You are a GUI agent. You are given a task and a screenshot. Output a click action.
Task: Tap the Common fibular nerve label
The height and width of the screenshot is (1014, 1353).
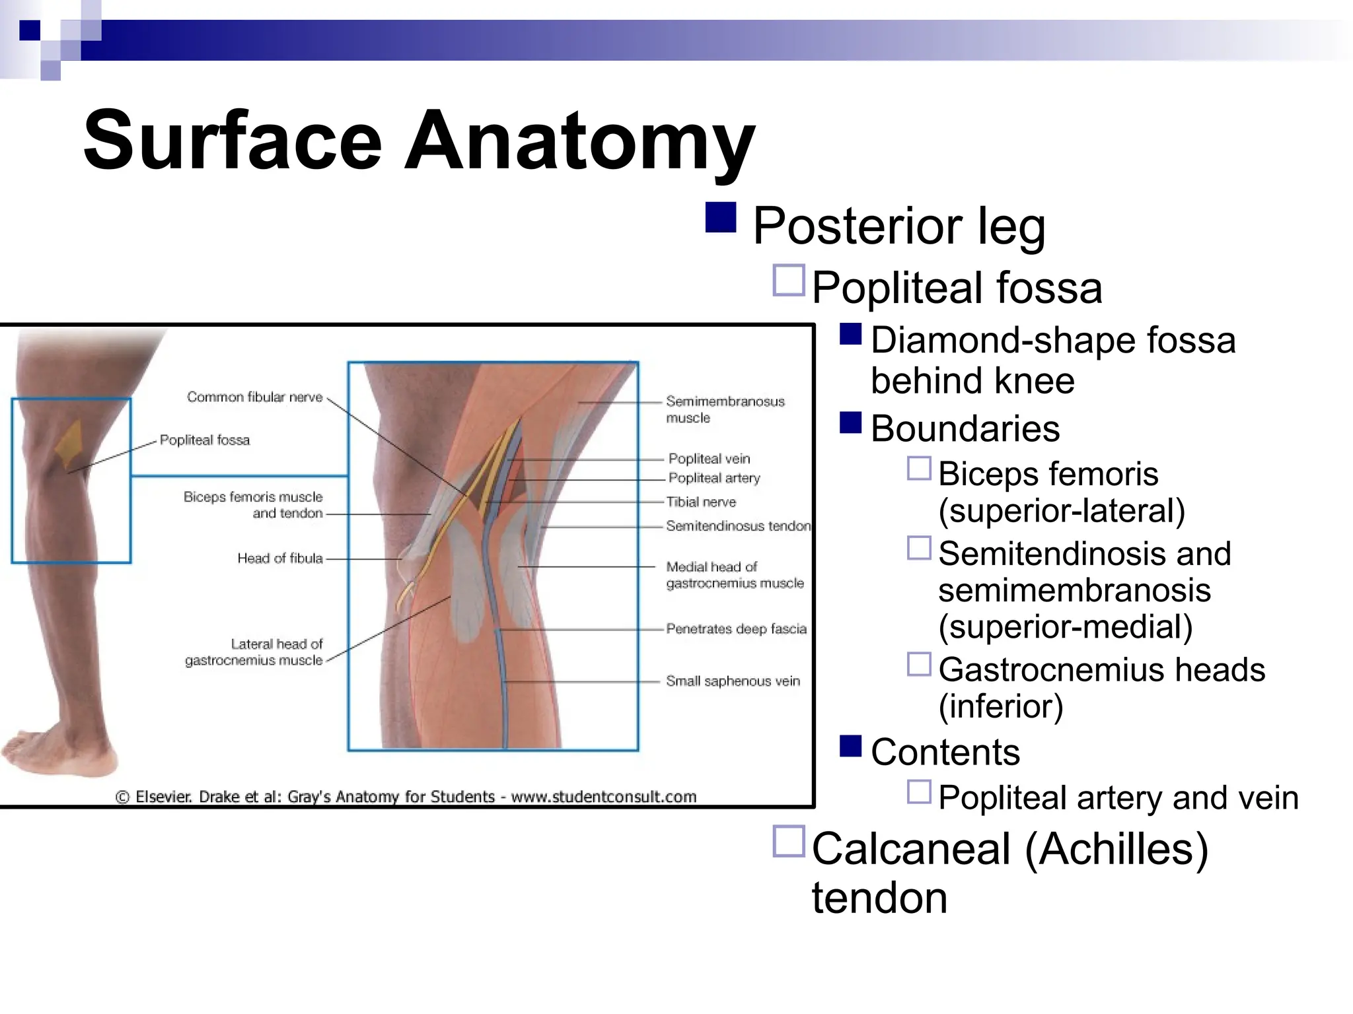click(254, 397)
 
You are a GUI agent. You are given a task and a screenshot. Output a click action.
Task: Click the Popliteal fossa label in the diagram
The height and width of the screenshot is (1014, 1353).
click(205, 440)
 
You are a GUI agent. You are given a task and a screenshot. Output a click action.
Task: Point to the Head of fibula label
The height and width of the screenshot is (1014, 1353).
click(279, 558)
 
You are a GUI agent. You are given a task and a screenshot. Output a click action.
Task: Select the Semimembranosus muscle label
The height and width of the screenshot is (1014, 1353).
click(724, 409)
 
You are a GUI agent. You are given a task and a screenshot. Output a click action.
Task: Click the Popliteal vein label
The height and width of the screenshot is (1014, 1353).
click(709, 459)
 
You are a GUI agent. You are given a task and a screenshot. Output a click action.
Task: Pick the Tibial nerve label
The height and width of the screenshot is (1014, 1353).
click(701, 502)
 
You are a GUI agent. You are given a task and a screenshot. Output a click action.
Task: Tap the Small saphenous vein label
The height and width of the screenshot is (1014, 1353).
click(732, 681)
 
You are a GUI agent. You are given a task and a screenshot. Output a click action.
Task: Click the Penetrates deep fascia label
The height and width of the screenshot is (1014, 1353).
click(736, 629)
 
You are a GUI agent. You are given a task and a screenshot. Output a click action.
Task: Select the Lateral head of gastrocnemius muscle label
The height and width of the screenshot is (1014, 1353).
click(254, 652)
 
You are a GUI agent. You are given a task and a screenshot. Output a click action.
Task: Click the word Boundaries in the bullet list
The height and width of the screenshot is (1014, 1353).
click(965, 429)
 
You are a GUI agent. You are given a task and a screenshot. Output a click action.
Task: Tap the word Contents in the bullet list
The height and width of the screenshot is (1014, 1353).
click(945, 752)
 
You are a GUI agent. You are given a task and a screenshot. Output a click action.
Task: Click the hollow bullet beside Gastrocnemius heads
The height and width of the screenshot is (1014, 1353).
click(919, 664)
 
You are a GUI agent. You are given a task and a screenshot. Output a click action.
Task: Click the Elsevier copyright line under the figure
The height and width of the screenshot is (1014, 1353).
click(406, 797)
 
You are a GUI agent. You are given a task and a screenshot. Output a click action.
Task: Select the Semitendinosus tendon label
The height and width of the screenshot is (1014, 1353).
click(737, 526)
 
